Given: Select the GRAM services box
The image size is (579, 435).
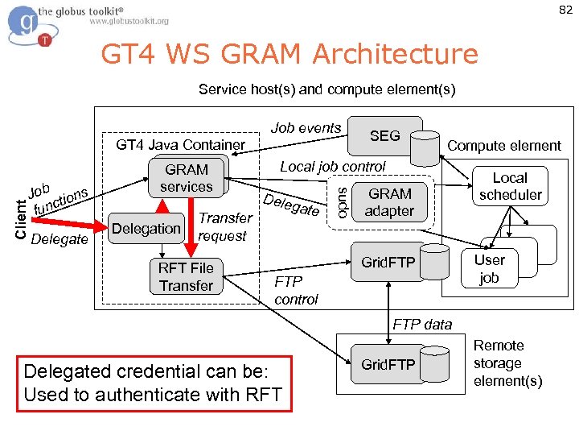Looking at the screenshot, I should [187, 178].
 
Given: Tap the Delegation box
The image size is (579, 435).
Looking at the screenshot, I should [146, 229].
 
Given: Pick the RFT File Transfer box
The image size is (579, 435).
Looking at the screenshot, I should [187, 277].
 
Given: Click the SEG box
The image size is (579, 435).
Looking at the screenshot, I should [384, 136].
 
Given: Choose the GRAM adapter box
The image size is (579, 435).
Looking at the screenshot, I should [390, 203].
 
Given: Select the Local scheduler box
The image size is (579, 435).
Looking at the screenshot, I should [510, 186].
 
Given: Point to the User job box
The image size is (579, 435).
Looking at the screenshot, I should [489, 269].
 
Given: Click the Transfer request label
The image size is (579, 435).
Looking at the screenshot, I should [224, 227].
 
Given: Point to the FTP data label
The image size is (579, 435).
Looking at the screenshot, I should [422, 325].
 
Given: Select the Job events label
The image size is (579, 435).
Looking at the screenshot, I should [306, 128].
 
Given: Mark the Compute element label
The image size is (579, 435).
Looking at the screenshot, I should [504, 146].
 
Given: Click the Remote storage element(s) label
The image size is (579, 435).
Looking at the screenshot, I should [507, 363].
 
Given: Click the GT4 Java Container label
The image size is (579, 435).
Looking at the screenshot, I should [181, 145].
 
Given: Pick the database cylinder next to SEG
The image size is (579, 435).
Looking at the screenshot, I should [424, 146].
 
